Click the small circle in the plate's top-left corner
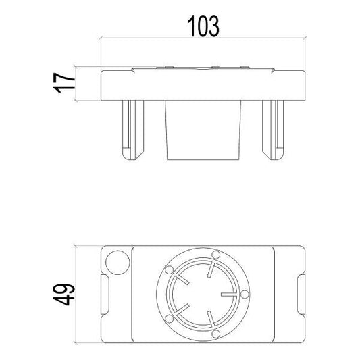[118, 261]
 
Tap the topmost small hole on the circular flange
[215, 255]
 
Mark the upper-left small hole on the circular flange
[168, 269]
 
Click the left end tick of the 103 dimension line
[101, 38]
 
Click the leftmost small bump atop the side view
[161, 68]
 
